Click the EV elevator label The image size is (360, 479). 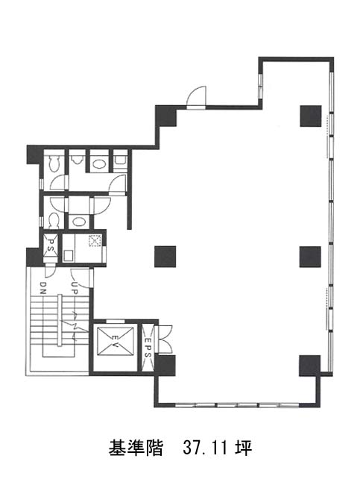tap(116, 341)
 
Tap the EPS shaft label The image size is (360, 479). tap(148, 348)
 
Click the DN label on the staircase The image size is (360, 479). tap(42, 287)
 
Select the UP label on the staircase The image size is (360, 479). tap(74, 287)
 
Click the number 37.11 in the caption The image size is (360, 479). tap(205, 448)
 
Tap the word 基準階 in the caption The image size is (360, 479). tap(136, 448)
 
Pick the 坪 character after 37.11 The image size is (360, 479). tap(243, 448)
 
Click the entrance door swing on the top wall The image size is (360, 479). tap(197, 97)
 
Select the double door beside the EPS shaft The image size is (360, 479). tap(165, 339)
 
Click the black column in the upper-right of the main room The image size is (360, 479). tap(311, 116)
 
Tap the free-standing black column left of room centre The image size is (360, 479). tap(165, 257)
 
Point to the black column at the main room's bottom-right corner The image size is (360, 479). tap(309, 366)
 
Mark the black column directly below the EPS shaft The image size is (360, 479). tap(165, 366)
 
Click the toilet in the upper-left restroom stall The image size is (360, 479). tap(54, 163)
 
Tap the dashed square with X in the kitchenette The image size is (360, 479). tap(94, 241)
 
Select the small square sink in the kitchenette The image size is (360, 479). tap(69, 255)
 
